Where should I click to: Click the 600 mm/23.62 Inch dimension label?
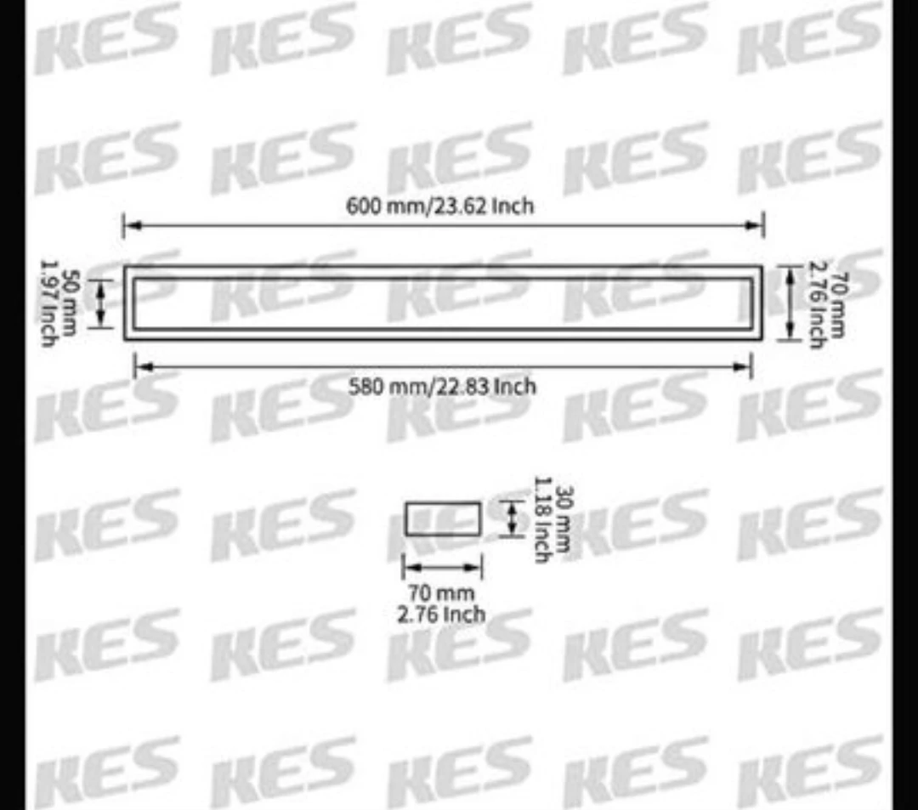[440, 207]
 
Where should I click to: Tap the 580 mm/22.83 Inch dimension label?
[443, 387]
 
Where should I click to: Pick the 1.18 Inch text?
[542, 518]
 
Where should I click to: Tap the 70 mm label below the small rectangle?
[442, 592]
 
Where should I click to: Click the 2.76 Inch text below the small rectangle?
[442, 614]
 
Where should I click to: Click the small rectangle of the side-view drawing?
[443, 518]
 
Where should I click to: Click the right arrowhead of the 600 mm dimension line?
[756, 225]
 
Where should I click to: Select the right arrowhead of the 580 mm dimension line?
[745, 367]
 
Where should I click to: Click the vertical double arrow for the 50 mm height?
[101, 303]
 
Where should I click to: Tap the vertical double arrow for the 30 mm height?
[512, 518]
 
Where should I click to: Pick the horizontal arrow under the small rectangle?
[442, 567]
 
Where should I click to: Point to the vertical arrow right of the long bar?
[790, 303]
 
